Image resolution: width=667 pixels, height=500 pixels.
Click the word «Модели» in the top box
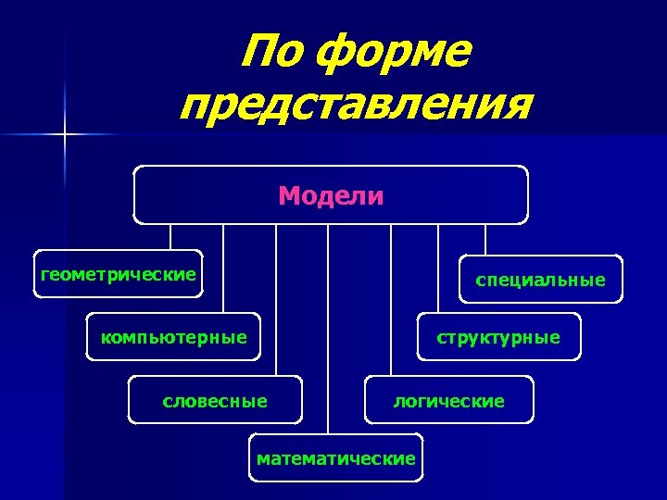[331, 195]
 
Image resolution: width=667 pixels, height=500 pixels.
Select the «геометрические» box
[118, 274]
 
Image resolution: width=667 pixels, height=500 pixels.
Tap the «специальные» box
[541, 280]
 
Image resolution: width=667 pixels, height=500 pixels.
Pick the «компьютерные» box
[173, 337]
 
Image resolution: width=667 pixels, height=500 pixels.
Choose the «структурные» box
[498, 337]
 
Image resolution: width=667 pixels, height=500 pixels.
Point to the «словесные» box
[215, 401]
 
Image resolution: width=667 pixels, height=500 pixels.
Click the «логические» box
[449, 401]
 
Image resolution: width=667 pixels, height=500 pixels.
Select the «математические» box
[335, 458]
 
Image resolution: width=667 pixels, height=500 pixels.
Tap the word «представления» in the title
[357, 106]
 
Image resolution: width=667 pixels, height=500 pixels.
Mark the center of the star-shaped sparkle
[65, 135]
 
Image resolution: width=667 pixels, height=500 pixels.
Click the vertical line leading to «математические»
[328, 329]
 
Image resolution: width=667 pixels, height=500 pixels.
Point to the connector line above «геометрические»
[170, 237]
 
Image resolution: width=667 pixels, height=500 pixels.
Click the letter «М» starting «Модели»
[288, 195]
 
